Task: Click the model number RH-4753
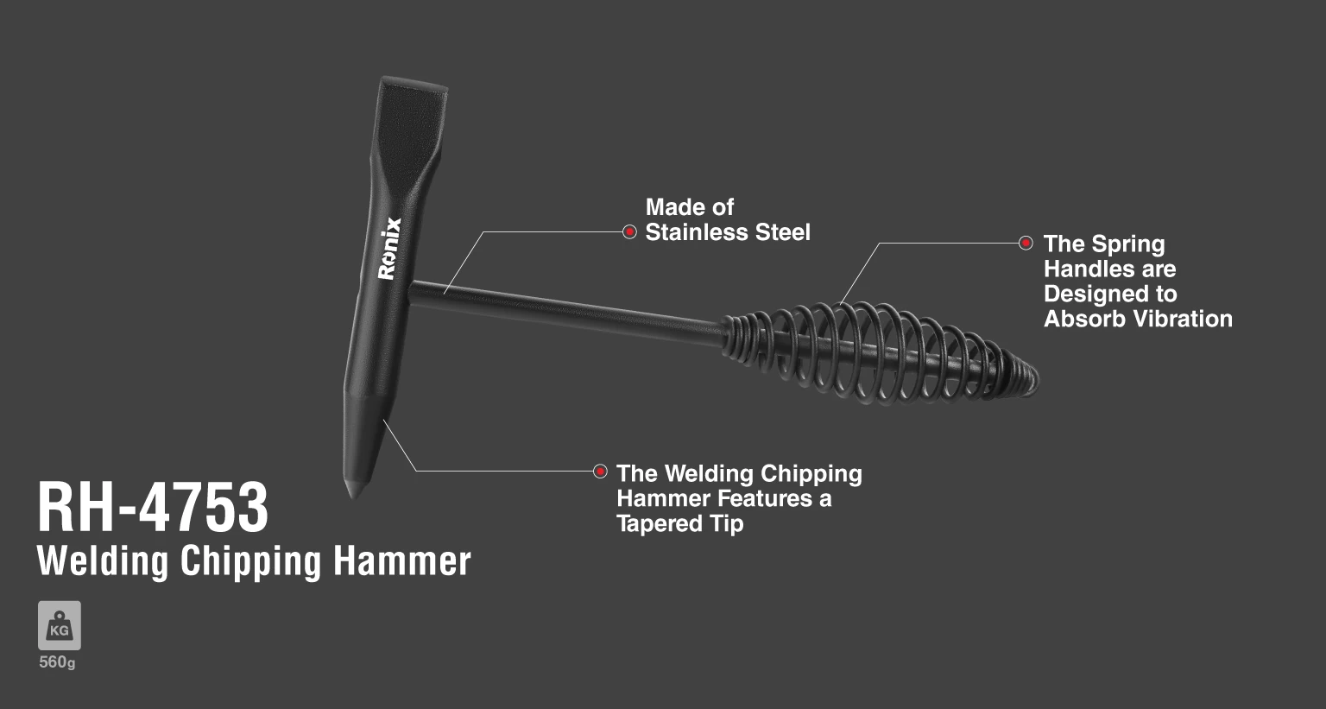coord(153,508)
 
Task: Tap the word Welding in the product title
coord(103,561)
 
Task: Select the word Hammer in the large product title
coord(402,561)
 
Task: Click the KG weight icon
coord(60,625)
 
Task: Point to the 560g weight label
coord(58,662)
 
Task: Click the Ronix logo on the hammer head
coord(389,248)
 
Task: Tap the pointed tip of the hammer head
coord(354,497)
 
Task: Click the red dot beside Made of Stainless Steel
coord(630,231)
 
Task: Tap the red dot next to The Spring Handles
coord(1026,243)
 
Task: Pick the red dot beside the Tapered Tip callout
coord(600,472)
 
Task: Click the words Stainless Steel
coord(728,232)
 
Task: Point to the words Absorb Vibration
coord(1138,319)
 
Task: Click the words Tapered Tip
coord(679,523)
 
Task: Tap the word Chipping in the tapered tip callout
coord(811,474)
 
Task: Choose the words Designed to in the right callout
coord(1110,294)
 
